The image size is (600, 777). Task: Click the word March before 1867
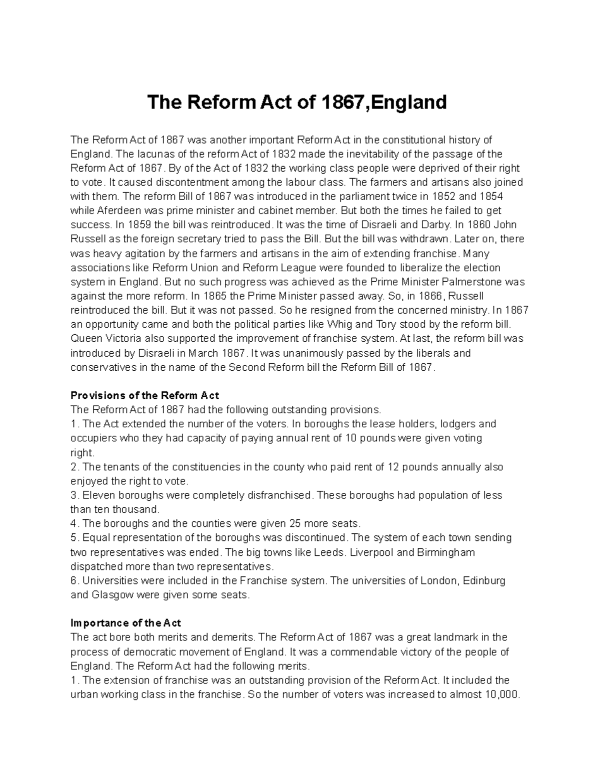(x=207, y=353)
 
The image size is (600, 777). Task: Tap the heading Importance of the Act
(x=126, y=623)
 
